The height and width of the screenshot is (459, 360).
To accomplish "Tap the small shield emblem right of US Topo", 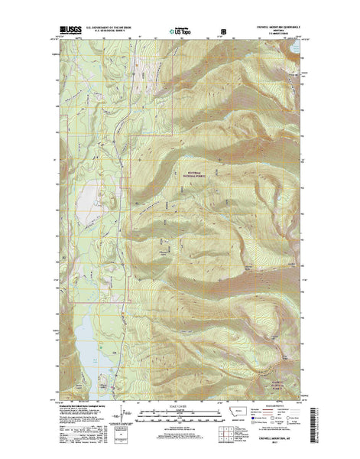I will coord(223,33).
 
